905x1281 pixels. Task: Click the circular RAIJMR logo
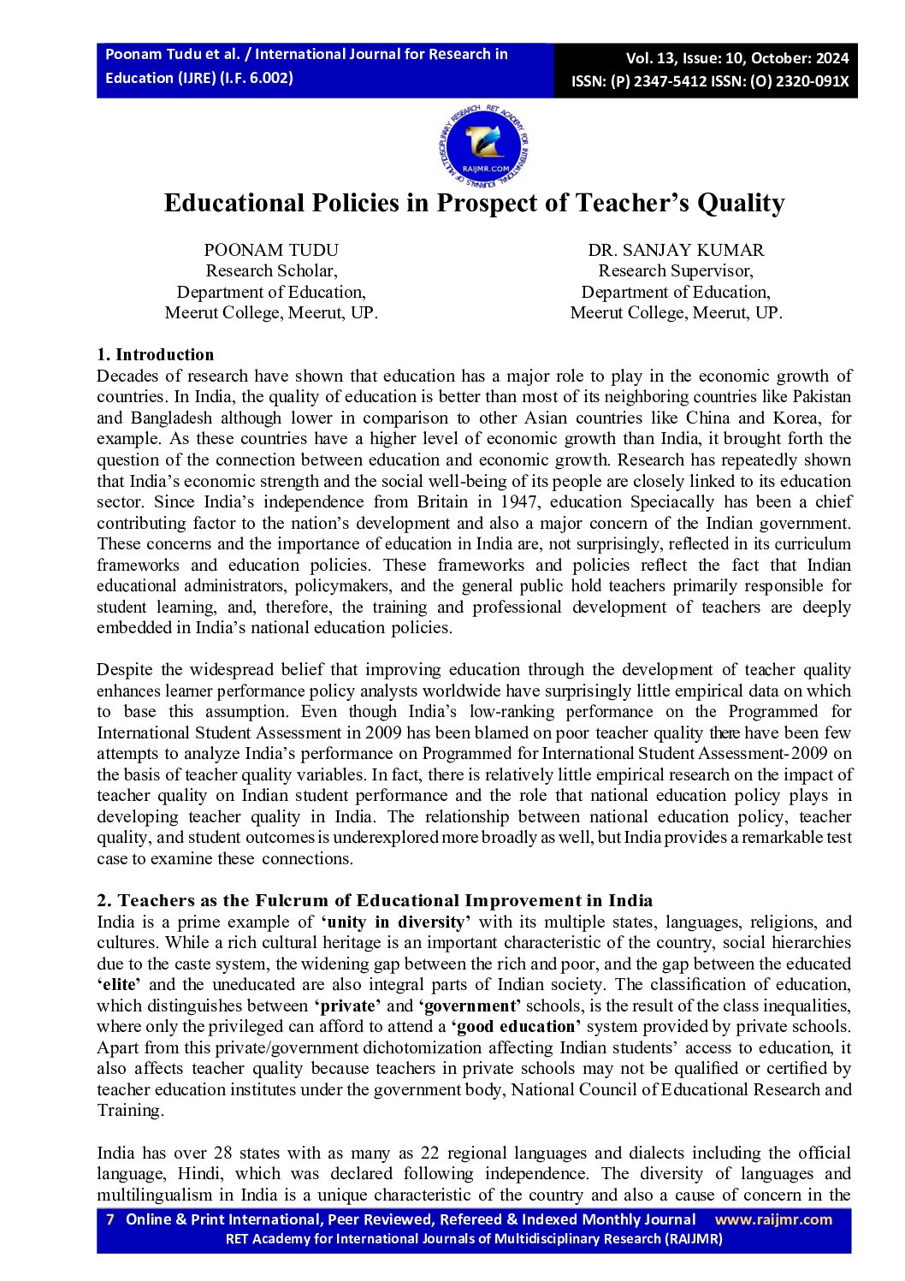484,147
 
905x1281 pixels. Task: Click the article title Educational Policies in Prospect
474,203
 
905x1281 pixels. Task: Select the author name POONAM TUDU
271,250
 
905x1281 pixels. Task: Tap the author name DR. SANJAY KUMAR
676,250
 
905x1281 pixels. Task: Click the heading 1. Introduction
156,354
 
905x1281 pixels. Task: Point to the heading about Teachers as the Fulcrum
375,900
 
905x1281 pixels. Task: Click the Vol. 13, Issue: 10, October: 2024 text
737,58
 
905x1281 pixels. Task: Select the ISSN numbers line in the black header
710,81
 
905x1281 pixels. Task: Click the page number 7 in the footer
109,1219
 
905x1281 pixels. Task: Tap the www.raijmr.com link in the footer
773,1219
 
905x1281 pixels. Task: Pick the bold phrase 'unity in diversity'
396,922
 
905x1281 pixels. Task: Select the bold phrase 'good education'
517,1026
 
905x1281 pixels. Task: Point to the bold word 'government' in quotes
470,1005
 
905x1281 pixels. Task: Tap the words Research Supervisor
676,270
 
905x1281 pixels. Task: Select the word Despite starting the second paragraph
124,669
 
